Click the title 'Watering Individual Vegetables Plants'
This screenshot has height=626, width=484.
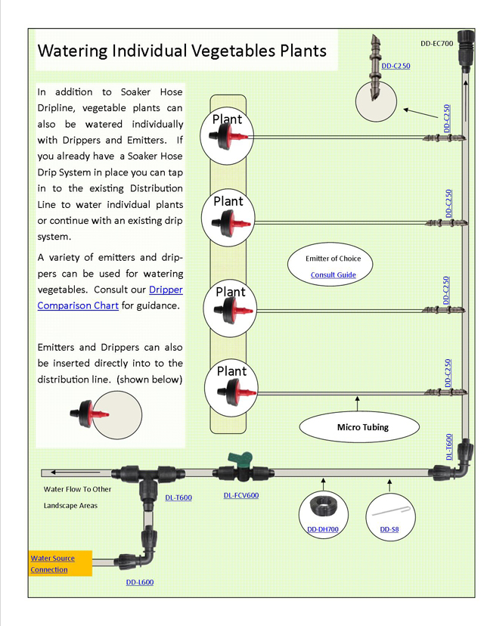181,51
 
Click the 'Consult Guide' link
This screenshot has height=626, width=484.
333,274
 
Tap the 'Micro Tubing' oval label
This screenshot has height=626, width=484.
362,427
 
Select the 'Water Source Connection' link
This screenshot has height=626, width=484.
52,564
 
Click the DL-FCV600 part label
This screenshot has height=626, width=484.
241,496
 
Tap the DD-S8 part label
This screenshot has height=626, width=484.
389,529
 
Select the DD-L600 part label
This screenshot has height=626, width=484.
140,582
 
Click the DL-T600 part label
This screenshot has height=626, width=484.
178,497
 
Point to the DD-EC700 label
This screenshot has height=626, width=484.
436,44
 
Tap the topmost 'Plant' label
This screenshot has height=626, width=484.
227,119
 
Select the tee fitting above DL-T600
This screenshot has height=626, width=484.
141,476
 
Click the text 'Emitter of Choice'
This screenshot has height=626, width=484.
333,259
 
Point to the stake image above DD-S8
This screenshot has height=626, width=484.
389,510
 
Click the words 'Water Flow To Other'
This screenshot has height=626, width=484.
77,489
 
